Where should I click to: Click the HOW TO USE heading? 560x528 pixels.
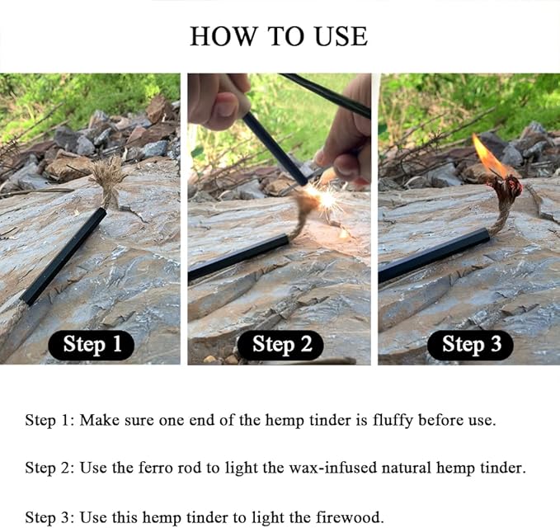[279, 36]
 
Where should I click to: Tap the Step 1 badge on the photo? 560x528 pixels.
[92, 345]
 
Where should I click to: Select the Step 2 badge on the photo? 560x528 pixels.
[280, 345]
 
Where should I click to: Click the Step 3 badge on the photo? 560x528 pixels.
[470, 345]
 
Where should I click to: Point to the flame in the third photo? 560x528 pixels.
[487, 155]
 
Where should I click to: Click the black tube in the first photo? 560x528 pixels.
[64, 256]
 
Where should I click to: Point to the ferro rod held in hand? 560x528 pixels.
[274, 148]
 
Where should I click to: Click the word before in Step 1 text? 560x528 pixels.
[440, 420]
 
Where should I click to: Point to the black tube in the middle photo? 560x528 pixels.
[238, 257]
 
